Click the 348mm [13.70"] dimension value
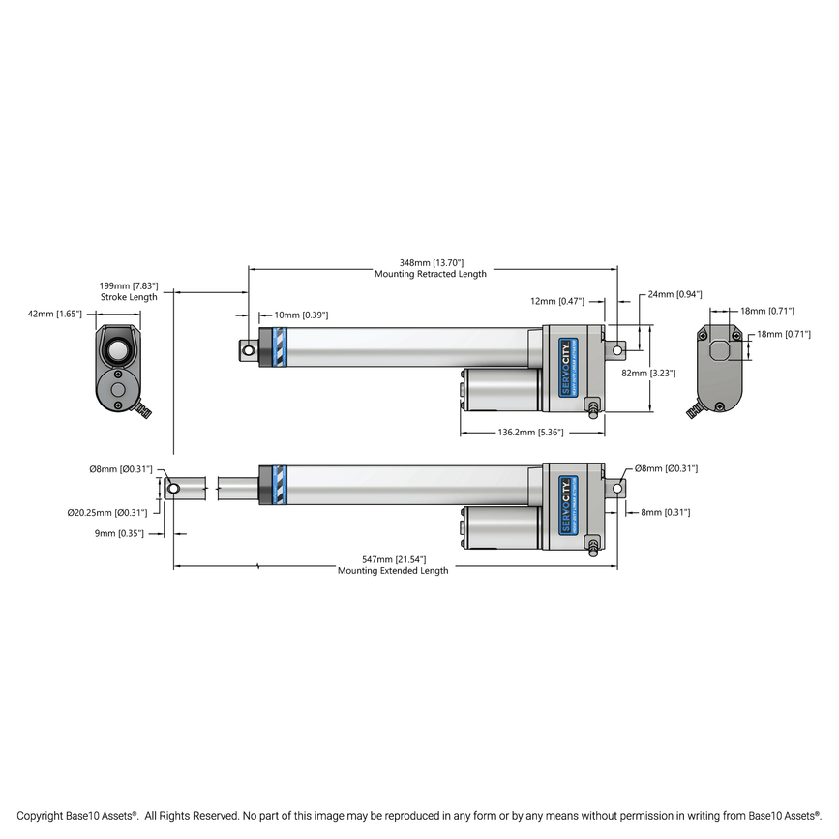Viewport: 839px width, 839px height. (431, 262)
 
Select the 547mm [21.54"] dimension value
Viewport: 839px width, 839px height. (393, 559)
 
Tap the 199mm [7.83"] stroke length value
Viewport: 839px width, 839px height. (129, 286)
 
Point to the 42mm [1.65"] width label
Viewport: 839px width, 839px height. (55, 314)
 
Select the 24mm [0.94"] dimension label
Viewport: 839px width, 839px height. (675, 293)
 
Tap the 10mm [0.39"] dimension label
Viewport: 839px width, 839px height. (301, 315)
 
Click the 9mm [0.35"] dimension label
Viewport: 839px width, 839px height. (120, 533)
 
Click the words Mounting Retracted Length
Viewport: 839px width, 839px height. (431, 275)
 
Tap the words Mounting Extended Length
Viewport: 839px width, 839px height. (393, 571)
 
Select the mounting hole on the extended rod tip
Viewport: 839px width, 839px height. (173, 489)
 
